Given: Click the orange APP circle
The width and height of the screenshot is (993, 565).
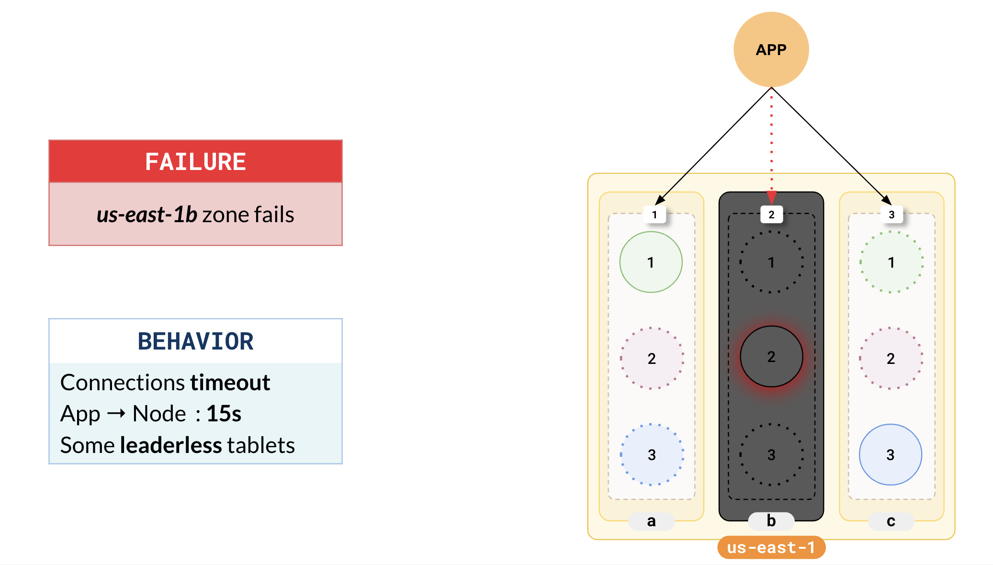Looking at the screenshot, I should click(x=771, y=49).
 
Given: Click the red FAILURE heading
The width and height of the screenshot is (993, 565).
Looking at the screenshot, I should click(x=195, y=161).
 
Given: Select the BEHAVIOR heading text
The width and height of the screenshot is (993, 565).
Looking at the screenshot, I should click(x=195, y=341).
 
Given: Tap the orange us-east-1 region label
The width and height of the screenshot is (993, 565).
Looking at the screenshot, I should click(x=771, y=547).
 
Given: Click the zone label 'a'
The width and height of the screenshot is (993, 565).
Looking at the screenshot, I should click(x=651, y=521).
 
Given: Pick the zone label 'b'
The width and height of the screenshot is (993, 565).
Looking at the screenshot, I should click(x=771, y=521).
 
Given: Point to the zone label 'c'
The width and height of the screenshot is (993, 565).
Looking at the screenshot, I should click(x=891, y=521).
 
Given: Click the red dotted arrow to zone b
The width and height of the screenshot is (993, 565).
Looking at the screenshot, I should click(x=771, y=144).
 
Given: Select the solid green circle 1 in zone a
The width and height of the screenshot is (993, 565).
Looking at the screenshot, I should click(x=651, y=262).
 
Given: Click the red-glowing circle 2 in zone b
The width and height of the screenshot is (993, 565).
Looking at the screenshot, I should click(x=771, y=357).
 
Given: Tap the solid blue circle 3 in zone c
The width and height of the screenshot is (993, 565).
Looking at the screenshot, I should click(x=891, y=454).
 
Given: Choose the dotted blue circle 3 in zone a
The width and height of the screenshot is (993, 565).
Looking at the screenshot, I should click(x=652, y=454).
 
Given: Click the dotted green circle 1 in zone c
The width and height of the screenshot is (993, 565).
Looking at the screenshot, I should click(x=891, y=262).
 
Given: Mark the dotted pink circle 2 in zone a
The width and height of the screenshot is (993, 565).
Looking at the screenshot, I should click(x=652, y=358).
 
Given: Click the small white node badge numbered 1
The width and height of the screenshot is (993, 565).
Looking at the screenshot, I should click(x=654, y=215).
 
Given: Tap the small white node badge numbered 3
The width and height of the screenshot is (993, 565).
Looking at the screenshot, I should click(x=891, y=215).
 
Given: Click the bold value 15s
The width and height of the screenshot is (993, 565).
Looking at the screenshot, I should click(x=224, y=414).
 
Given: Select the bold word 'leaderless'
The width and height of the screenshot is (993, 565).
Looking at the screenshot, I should click(x=171, y=445).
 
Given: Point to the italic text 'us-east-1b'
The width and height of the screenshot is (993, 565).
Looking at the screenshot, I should click(x=147, y=215).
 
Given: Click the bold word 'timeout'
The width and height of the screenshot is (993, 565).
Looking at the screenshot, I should click(x=230, y=383).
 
